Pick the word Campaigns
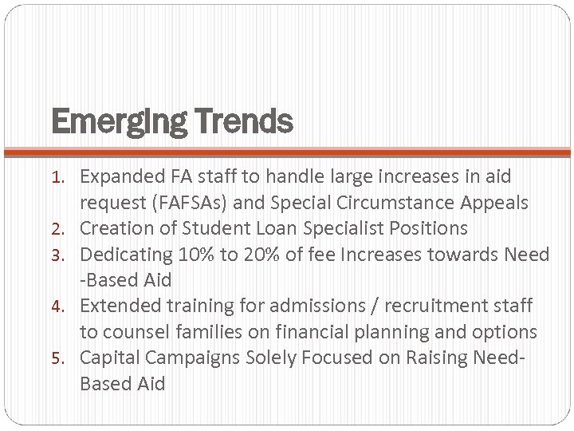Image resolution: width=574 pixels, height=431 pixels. (x=182, y=358)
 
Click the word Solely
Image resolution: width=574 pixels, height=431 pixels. (x=257, y=358)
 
